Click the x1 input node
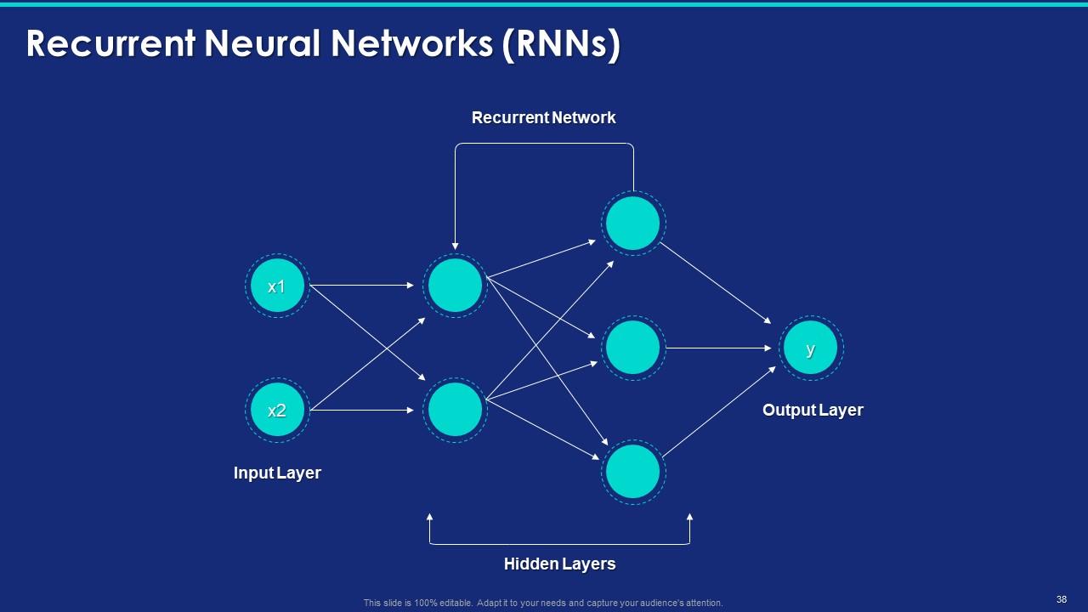(277, 286)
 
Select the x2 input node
(277, 411)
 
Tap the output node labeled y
(810, 348)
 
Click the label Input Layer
(277, 473)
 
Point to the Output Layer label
(813, 410)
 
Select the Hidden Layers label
(559, 564)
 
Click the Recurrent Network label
(543, 117)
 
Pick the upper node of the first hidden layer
(456, 286)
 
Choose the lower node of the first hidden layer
(456, 410)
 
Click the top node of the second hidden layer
(633, 224)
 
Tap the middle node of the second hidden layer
(633, 348)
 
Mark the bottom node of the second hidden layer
(633, 472)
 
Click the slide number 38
(1062, 599)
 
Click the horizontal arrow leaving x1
(361, 286)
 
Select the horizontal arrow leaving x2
(361, 411)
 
